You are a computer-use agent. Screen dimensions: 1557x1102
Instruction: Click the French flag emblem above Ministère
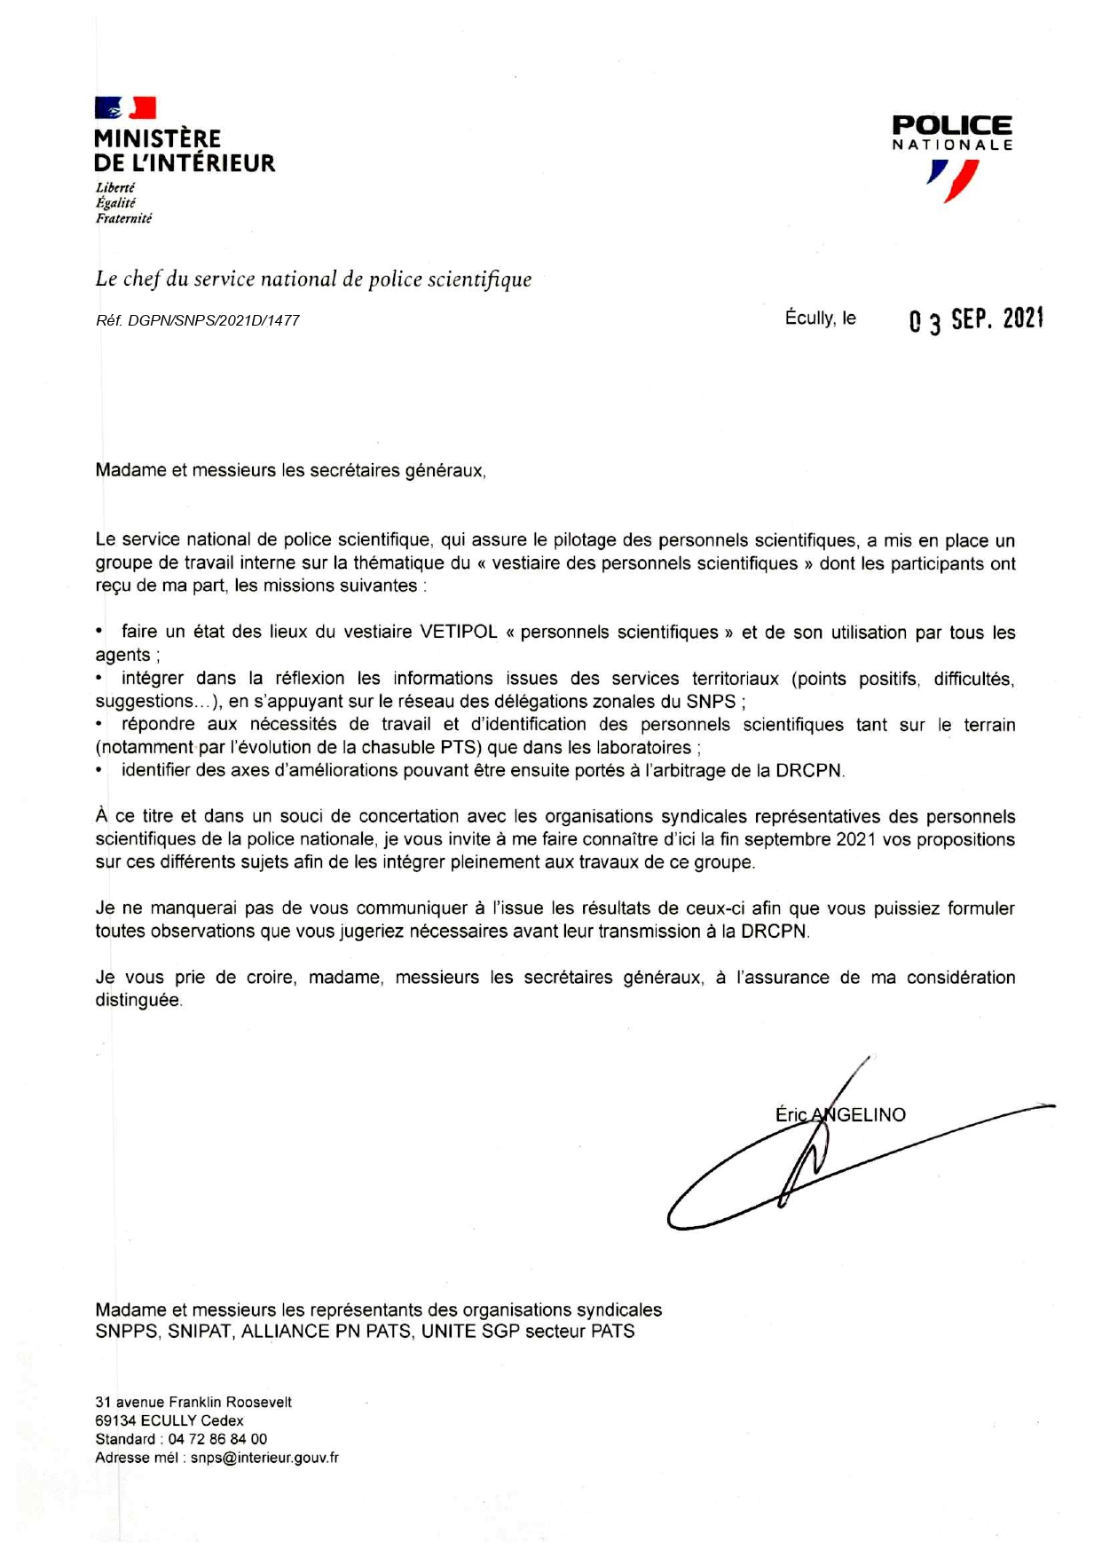point(125,108)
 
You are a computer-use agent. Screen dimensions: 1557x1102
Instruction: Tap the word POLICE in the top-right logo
point(952,126)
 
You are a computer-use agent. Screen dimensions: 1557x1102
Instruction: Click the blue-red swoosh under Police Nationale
point(954,180)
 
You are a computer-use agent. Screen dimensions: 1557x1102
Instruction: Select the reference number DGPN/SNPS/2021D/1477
point(214,320)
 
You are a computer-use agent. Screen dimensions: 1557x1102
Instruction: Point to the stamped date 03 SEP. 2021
point(976,319)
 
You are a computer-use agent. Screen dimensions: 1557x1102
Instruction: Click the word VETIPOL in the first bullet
point(459,632)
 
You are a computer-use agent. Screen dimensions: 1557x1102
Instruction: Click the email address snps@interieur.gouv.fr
point(264,1458)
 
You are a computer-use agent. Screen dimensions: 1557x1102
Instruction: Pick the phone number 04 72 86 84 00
point(217,1439)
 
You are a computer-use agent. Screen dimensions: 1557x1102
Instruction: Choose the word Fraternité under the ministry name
point(124,218)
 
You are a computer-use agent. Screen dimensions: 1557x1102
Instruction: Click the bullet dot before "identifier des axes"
point(99,770)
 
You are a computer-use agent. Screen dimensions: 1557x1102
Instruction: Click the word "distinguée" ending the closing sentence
point(138,1000)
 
